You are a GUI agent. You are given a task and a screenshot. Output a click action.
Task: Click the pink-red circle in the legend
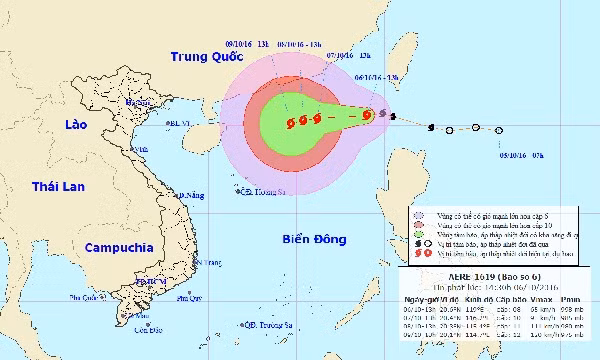click(x=418, y=224)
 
